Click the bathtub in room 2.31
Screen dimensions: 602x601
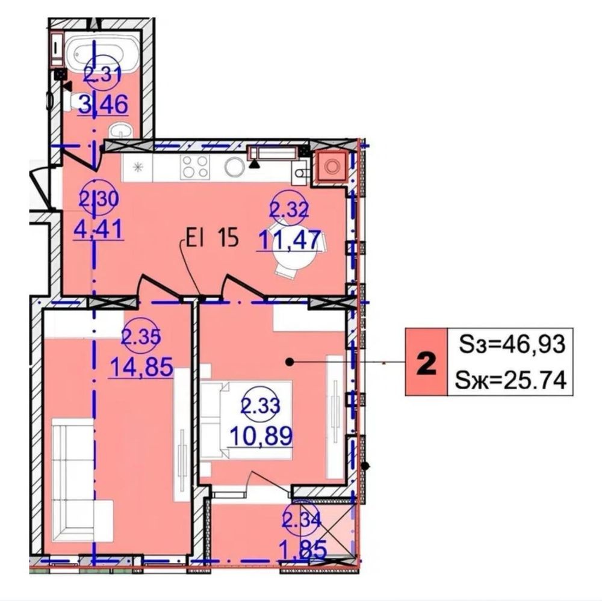[x=102, y=51]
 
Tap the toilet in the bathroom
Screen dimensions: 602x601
[x=79, y=100]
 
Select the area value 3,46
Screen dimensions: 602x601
[x=104, y=105]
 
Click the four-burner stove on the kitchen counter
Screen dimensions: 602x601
[x=196, y=167]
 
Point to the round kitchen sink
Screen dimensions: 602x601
[x=235, y=167]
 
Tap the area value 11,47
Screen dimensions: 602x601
[x=289, y=240]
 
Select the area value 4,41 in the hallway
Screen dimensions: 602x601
[x=99, y=229]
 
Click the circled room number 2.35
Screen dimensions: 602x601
[x=141, y=336]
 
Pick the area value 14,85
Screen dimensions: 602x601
[x=141, y=367]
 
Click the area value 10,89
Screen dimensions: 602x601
[x=261, y=436]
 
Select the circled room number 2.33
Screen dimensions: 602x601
[x=260, y=405]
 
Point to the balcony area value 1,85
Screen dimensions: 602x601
[x=304, y=549]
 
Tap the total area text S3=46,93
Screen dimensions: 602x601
[x=512, y=344]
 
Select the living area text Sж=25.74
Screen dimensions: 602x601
[x=510, y=381]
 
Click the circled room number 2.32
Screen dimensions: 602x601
[x=290, y=209]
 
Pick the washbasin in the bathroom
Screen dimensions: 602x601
[x=121, y=130]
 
